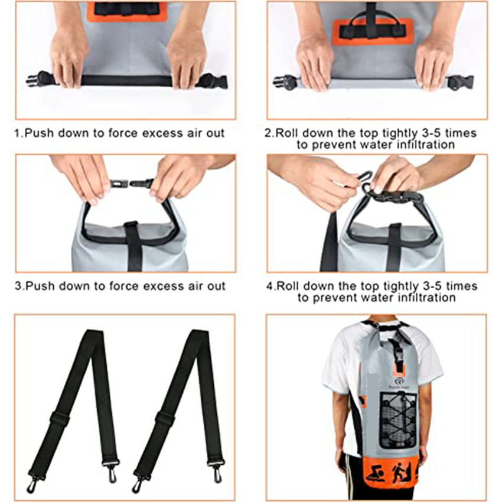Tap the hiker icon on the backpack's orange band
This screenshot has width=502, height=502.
point(401,472)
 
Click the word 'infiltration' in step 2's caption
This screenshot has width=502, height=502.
point(421,144)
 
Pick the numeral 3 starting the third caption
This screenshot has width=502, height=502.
point(17,286)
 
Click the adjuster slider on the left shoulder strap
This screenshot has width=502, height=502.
point(59,418)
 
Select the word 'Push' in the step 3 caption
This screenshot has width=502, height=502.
point(37,286)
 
